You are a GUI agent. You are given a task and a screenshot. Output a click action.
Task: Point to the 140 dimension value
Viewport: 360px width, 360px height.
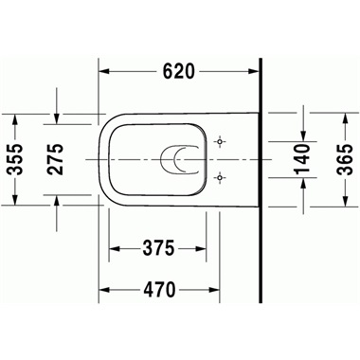302,159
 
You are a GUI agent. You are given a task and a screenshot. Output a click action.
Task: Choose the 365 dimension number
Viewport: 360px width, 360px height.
344,159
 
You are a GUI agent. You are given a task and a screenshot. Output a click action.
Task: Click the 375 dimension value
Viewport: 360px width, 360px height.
158,248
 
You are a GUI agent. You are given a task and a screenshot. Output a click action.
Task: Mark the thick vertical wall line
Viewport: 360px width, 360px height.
261,180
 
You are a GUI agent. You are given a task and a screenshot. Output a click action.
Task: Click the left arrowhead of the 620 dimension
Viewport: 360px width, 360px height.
105,71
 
